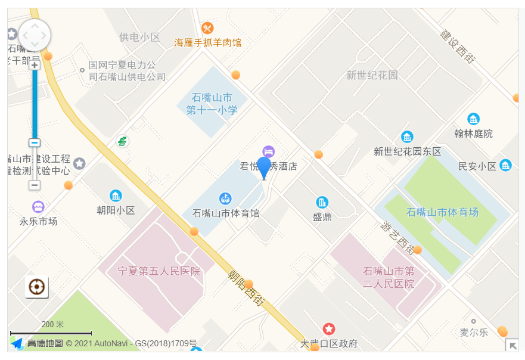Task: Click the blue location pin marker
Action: click(x=263, y=167)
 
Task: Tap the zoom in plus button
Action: click(x=35, y=65)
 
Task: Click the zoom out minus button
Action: click(x=35, y=185)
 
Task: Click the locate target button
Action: click(x=37, y=287)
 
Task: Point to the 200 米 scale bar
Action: click(x=51, y=332)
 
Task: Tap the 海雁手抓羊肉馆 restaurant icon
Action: click(x=207, y=28)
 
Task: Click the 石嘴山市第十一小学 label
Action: click(x=212, y=104)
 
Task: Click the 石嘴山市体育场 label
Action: click(x=442, y=212)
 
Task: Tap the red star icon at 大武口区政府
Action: click(x=329, y=328)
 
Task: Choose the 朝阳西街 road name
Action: click(x=246, y=287)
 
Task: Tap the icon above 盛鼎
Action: click(x=322, y=202)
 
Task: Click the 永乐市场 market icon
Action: click(x=38, y=207)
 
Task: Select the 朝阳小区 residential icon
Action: click(x=116, y=195)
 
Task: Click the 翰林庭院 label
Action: click(x=473, y=133)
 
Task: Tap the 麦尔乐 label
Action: click(x=473, y=332)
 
